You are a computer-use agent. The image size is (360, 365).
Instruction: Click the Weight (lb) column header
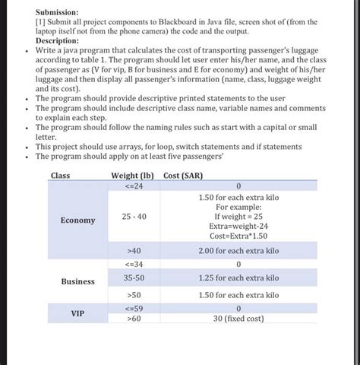coord(133,176)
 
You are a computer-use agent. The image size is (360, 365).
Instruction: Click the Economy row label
coord(78,221)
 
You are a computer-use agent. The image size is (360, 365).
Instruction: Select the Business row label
coord(78,281)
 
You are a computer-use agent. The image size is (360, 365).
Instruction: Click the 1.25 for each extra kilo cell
coord(238,279)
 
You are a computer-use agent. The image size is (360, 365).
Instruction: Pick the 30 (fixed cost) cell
coord(238,319)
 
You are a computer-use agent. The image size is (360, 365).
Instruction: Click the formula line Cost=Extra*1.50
coord(238,236)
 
